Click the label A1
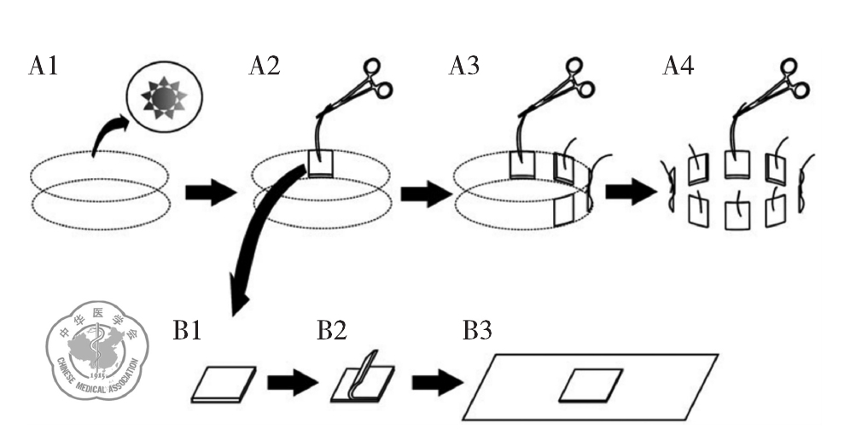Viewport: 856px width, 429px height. tap(44, 66)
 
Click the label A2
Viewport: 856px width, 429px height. tap(265, 66)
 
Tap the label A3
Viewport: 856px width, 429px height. tap(464, 66)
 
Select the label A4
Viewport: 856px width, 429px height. tap(678, 66)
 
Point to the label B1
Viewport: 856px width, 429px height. tap(187, 330)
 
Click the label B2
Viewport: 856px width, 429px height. tap(332, 330)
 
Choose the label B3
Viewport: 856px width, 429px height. tap(477, 330)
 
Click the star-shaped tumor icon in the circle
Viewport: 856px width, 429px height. tap(164, 99)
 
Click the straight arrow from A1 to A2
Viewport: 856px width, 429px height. tap(211, 193)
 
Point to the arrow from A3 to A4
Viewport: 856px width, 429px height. tap(631, 193)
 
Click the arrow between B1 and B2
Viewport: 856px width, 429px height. tap(293, 382)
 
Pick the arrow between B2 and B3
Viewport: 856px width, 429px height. tap(438, 382)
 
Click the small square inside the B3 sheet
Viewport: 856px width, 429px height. tap(591, 386)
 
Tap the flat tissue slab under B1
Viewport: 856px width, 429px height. tap(224, 385)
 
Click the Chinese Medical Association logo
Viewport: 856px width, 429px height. tap(97, 350)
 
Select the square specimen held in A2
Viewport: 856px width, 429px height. tap(320, 164)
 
